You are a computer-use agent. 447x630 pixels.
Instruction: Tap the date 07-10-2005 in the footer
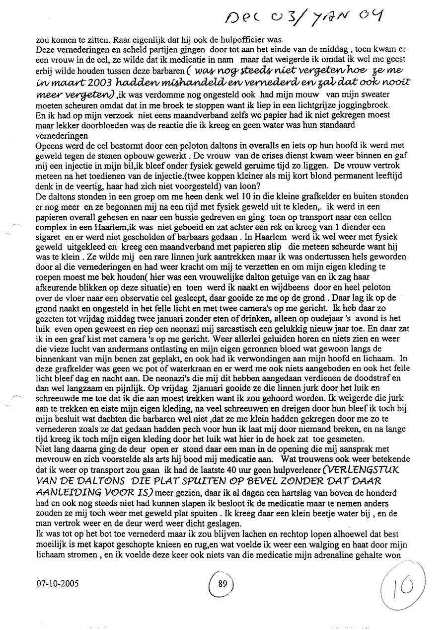point(58,584)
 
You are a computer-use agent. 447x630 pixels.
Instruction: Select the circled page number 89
point(223,584)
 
